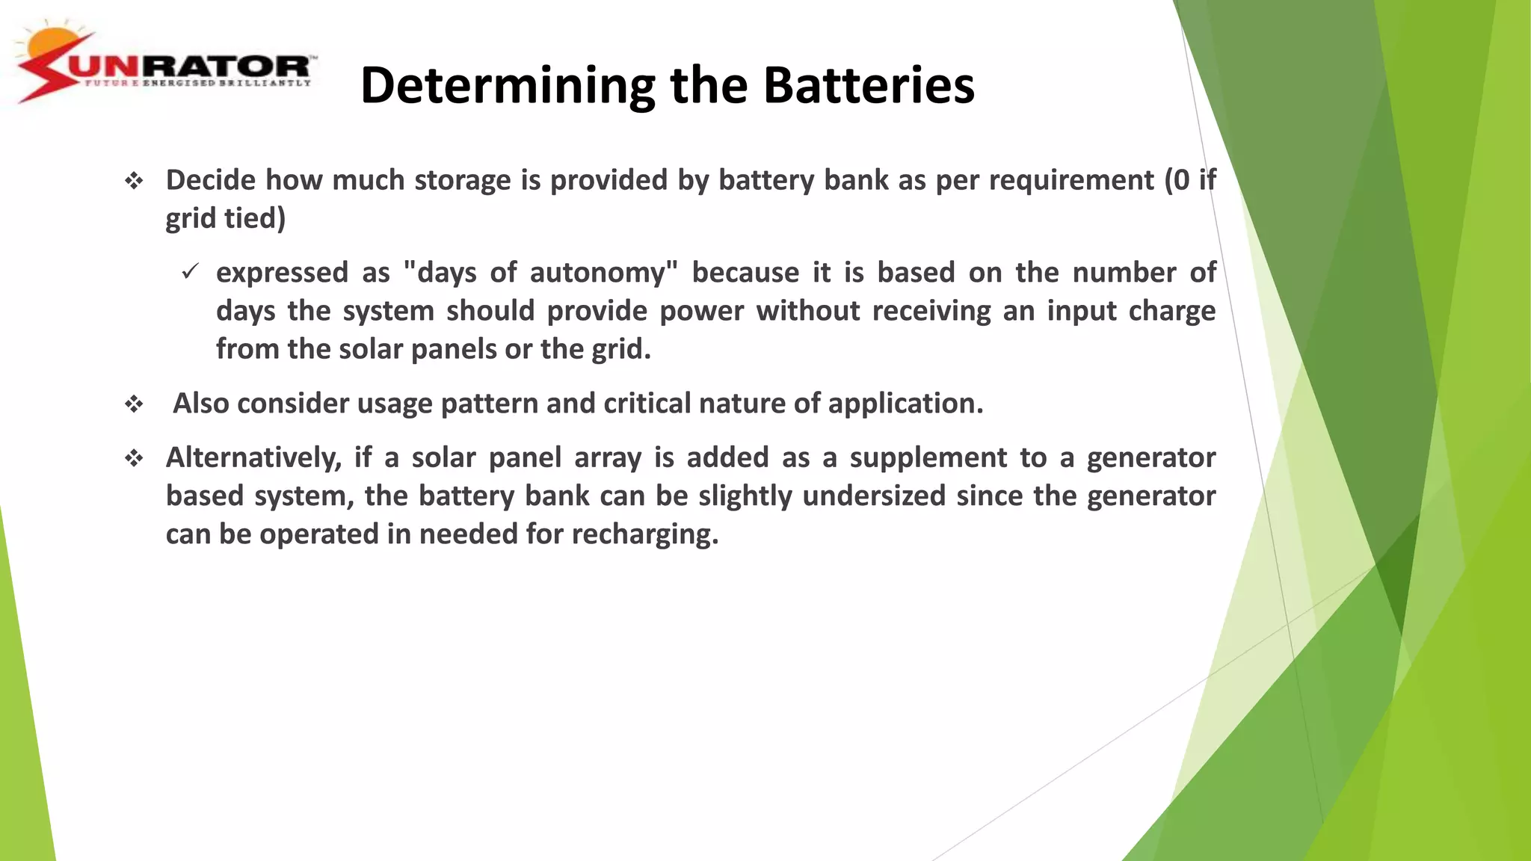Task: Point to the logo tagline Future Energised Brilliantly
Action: coord(197,83)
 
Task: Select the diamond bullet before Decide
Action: coord(134,181)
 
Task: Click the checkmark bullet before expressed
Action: coord(190,272)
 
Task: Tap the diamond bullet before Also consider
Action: coord(134,404)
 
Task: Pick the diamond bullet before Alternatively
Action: coord(134,458)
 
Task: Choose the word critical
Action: coord(647,404)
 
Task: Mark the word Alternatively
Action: coord(253,458)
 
